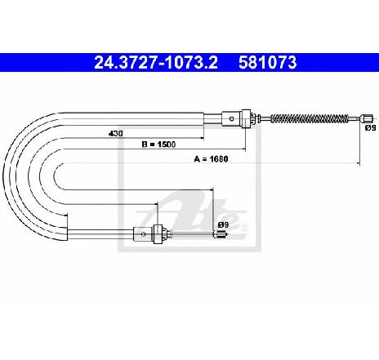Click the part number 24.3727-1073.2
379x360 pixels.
[x=156, y=63]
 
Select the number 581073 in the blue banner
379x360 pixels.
[x=267, y=63]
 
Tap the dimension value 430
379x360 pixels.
[x=116, y=134]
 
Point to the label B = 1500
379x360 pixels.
[x=158, y=144]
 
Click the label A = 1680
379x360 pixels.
[x=211, y=159]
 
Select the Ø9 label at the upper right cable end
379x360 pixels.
[x=372, y=128]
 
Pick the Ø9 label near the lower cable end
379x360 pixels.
[x=223, y=224]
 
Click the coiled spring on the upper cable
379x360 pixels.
[x=310, y=118]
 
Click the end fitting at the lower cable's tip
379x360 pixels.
[x=220, y=234]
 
